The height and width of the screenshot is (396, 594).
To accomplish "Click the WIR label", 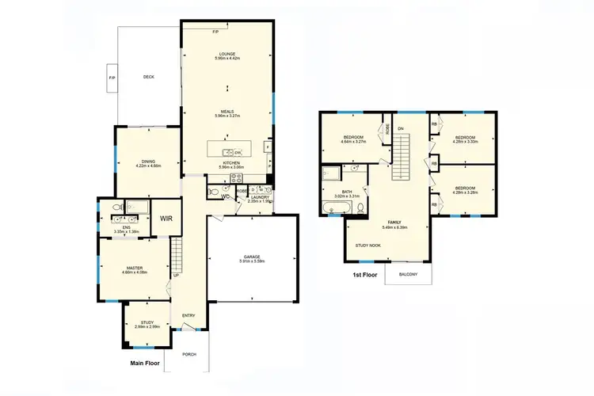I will [x=166, y=218].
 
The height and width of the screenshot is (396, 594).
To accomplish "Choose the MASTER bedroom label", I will [x=134, y=269].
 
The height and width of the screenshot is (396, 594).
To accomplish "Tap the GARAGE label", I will [x=253, y=258].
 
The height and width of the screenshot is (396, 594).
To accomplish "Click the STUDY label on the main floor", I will [x=147, y=323].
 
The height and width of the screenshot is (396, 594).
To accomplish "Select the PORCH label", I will [x=189, y=355].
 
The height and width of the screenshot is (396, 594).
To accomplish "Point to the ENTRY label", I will [x=188, y=316].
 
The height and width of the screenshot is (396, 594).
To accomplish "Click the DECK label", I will [x=148, y=77].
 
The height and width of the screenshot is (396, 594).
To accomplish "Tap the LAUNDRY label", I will [x=259, y=198].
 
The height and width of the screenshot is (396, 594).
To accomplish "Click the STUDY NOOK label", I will [x=368, y=246].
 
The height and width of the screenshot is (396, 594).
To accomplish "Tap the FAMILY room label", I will [x=394, y=224].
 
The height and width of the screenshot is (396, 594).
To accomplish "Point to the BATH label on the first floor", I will [x=346, y=192].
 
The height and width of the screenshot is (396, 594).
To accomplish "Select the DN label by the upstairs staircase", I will [x=402, y=128].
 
